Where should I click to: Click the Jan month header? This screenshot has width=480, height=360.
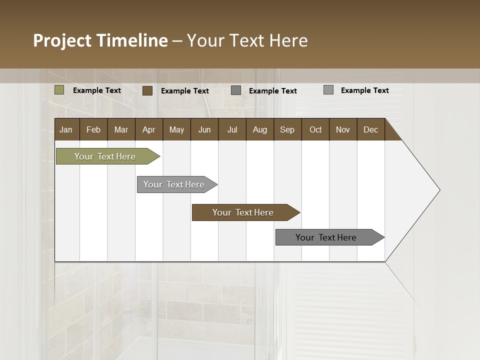tap(66, 129)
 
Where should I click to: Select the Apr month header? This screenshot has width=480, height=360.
tap(148, 129)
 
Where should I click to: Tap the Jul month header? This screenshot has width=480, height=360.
tap(232, 129)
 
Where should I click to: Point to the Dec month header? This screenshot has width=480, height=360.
tap(370, 129)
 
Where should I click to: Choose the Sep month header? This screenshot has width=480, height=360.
tap(287, 129)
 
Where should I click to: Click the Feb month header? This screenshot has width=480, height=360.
tap(93, 129)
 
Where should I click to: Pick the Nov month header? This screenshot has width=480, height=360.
tap(343, 129)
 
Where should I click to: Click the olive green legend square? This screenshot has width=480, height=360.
tap(59, 90)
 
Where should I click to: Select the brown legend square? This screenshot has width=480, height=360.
tap(147, 90)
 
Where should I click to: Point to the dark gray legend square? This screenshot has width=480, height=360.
tap(236, 90)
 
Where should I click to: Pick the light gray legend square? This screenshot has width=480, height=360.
tap(328, 90)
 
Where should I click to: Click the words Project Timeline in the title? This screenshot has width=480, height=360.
tap(100, 40)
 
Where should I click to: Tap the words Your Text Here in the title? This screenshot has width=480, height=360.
tap(247, 40)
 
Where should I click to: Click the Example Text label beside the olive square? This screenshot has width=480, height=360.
tap(97, 90)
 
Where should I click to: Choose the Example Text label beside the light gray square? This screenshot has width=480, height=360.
tap(365, 90)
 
